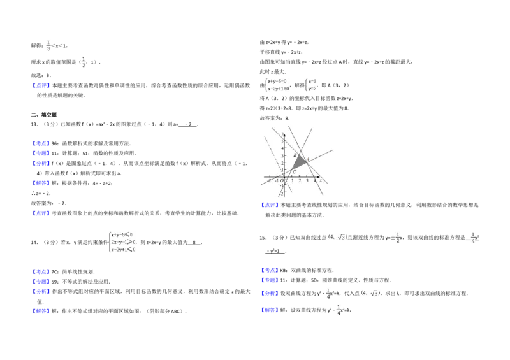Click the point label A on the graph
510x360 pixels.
[309, 159]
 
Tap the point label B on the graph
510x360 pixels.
[295, 155]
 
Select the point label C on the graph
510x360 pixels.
[294, 173]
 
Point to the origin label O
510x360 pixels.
[281, 181]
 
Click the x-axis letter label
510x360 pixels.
[321, 181]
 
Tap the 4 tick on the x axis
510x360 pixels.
[314, 181]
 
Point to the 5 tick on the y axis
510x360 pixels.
[282, 141]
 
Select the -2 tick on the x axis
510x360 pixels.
[270, 181]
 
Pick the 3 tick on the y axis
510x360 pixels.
[282, 155]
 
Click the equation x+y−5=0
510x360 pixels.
[278, 81]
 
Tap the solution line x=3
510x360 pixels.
[312, 81]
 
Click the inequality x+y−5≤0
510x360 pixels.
[123, 234]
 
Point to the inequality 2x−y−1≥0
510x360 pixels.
[123, 242]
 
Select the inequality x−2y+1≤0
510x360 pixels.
[123, 250]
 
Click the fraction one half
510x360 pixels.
[397, 237]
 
